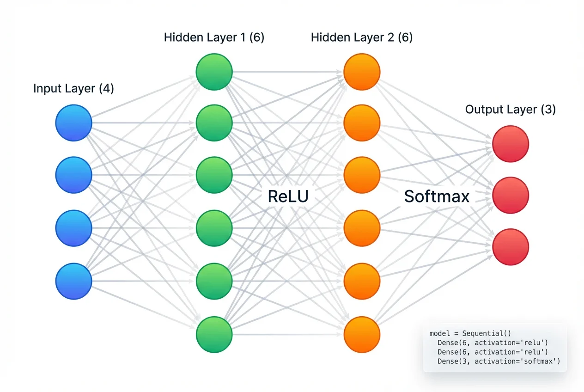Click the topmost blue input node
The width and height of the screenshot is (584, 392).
pos(74,123)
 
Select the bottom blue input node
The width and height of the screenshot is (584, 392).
pos(74,281)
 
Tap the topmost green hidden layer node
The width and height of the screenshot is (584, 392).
pos(214,72)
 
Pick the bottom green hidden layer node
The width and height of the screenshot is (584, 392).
pos(214,335)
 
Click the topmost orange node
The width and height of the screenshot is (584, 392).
pos(362,72)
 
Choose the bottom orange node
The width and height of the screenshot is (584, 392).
pos(362,335)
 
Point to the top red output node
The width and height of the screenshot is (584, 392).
pos(511,144)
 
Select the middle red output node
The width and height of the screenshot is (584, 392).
pos(511,196)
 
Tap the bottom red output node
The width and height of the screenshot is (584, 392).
pos(511,247)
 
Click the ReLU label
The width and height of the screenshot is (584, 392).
pos(288,196)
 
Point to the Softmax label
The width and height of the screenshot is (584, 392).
pos(437,196)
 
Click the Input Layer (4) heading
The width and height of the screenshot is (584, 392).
pos(73,88)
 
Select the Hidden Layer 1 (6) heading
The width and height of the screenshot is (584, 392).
pos(214,37)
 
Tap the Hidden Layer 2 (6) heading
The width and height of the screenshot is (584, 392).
pos(362,37)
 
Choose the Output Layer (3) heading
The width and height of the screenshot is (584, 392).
pos(510,109)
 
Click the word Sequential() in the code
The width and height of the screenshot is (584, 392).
pos(487,333)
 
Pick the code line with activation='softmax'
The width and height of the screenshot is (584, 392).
pos(499,361)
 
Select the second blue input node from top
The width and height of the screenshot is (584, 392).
pos(74,175)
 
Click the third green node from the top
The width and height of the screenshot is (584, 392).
pos(214,175)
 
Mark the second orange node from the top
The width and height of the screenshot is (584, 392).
pos(362,123)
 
